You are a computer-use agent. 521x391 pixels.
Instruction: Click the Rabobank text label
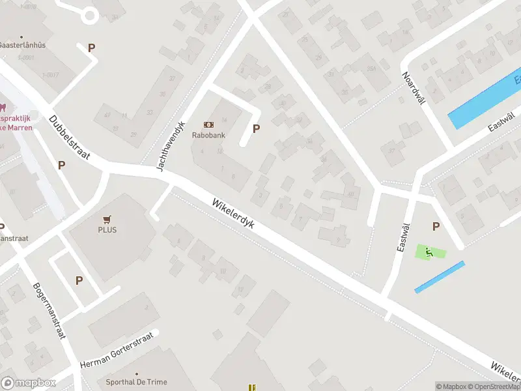pyautogui.click(x=208, y=136)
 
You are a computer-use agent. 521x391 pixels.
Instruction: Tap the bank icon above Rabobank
pyautogui.click(x=209, y=124)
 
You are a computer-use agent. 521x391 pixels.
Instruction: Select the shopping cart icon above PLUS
pyautogui.click(x=107, y=219)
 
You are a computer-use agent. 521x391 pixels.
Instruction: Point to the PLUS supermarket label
pyautogui.click(x=107, y=229)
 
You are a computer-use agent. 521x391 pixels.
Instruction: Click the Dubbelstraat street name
pyautogui.click(x=69, y=139)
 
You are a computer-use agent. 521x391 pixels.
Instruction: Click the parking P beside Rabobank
pyautogui.click(x=256, y=129)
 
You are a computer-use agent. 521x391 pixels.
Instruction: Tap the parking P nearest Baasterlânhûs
pyautogui.click(x=91, y=48)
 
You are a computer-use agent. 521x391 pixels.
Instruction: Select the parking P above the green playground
pyautogui.click(x=436, y=226)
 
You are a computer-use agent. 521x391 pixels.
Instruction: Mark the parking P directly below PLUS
pyautogui.click(x=79, y=281)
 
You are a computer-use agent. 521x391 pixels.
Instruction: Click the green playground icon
pyautogui.click(x=428, y=252)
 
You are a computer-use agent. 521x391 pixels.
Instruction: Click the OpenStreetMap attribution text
pyautogui.click(x=496, y=386)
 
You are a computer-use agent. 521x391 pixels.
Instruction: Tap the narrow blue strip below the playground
pyautogui.click(x=440, y=277)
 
